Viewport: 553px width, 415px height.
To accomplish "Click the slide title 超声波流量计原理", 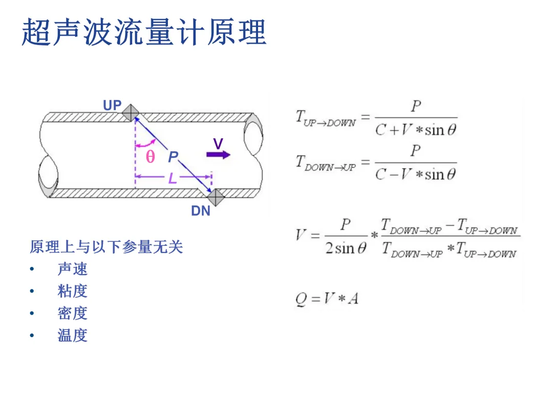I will [x=144, y=32].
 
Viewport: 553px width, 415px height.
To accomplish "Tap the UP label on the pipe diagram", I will [x=112, y=106].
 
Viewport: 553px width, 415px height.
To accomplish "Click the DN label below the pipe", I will [x=201, y=211].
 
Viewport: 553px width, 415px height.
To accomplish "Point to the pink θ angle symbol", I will [x=150, y=157].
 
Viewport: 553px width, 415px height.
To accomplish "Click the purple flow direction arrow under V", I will [x=219, y=155].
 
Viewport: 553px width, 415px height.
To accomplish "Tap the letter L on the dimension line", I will [x=173, y=178].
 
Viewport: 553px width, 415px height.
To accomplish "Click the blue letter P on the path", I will [x=173, y=157].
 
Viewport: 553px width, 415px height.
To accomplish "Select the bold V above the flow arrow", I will [x=218, y=144].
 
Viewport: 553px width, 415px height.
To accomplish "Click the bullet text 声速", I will [x=72, y=269].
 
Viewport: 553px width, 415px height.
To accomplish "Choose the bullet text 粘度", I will [x=72, y=291].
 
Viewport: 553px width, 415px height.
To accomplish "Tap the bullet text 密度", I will [x=72, y=313].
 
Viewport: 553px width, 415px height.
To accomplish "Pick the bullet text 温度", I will [x=72, y=336].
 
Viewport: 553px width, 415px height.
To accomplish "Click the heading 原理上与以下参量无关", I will [x=107, y=247].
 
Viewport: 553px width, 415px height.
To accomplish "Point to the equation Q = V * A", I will [x=327, y=298].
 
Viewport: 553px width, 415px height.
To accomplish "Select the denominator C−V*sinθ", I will [x=415, y=175].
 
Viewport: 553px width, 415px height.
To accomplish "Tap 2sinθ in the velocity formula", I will [x=346, y=248].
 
